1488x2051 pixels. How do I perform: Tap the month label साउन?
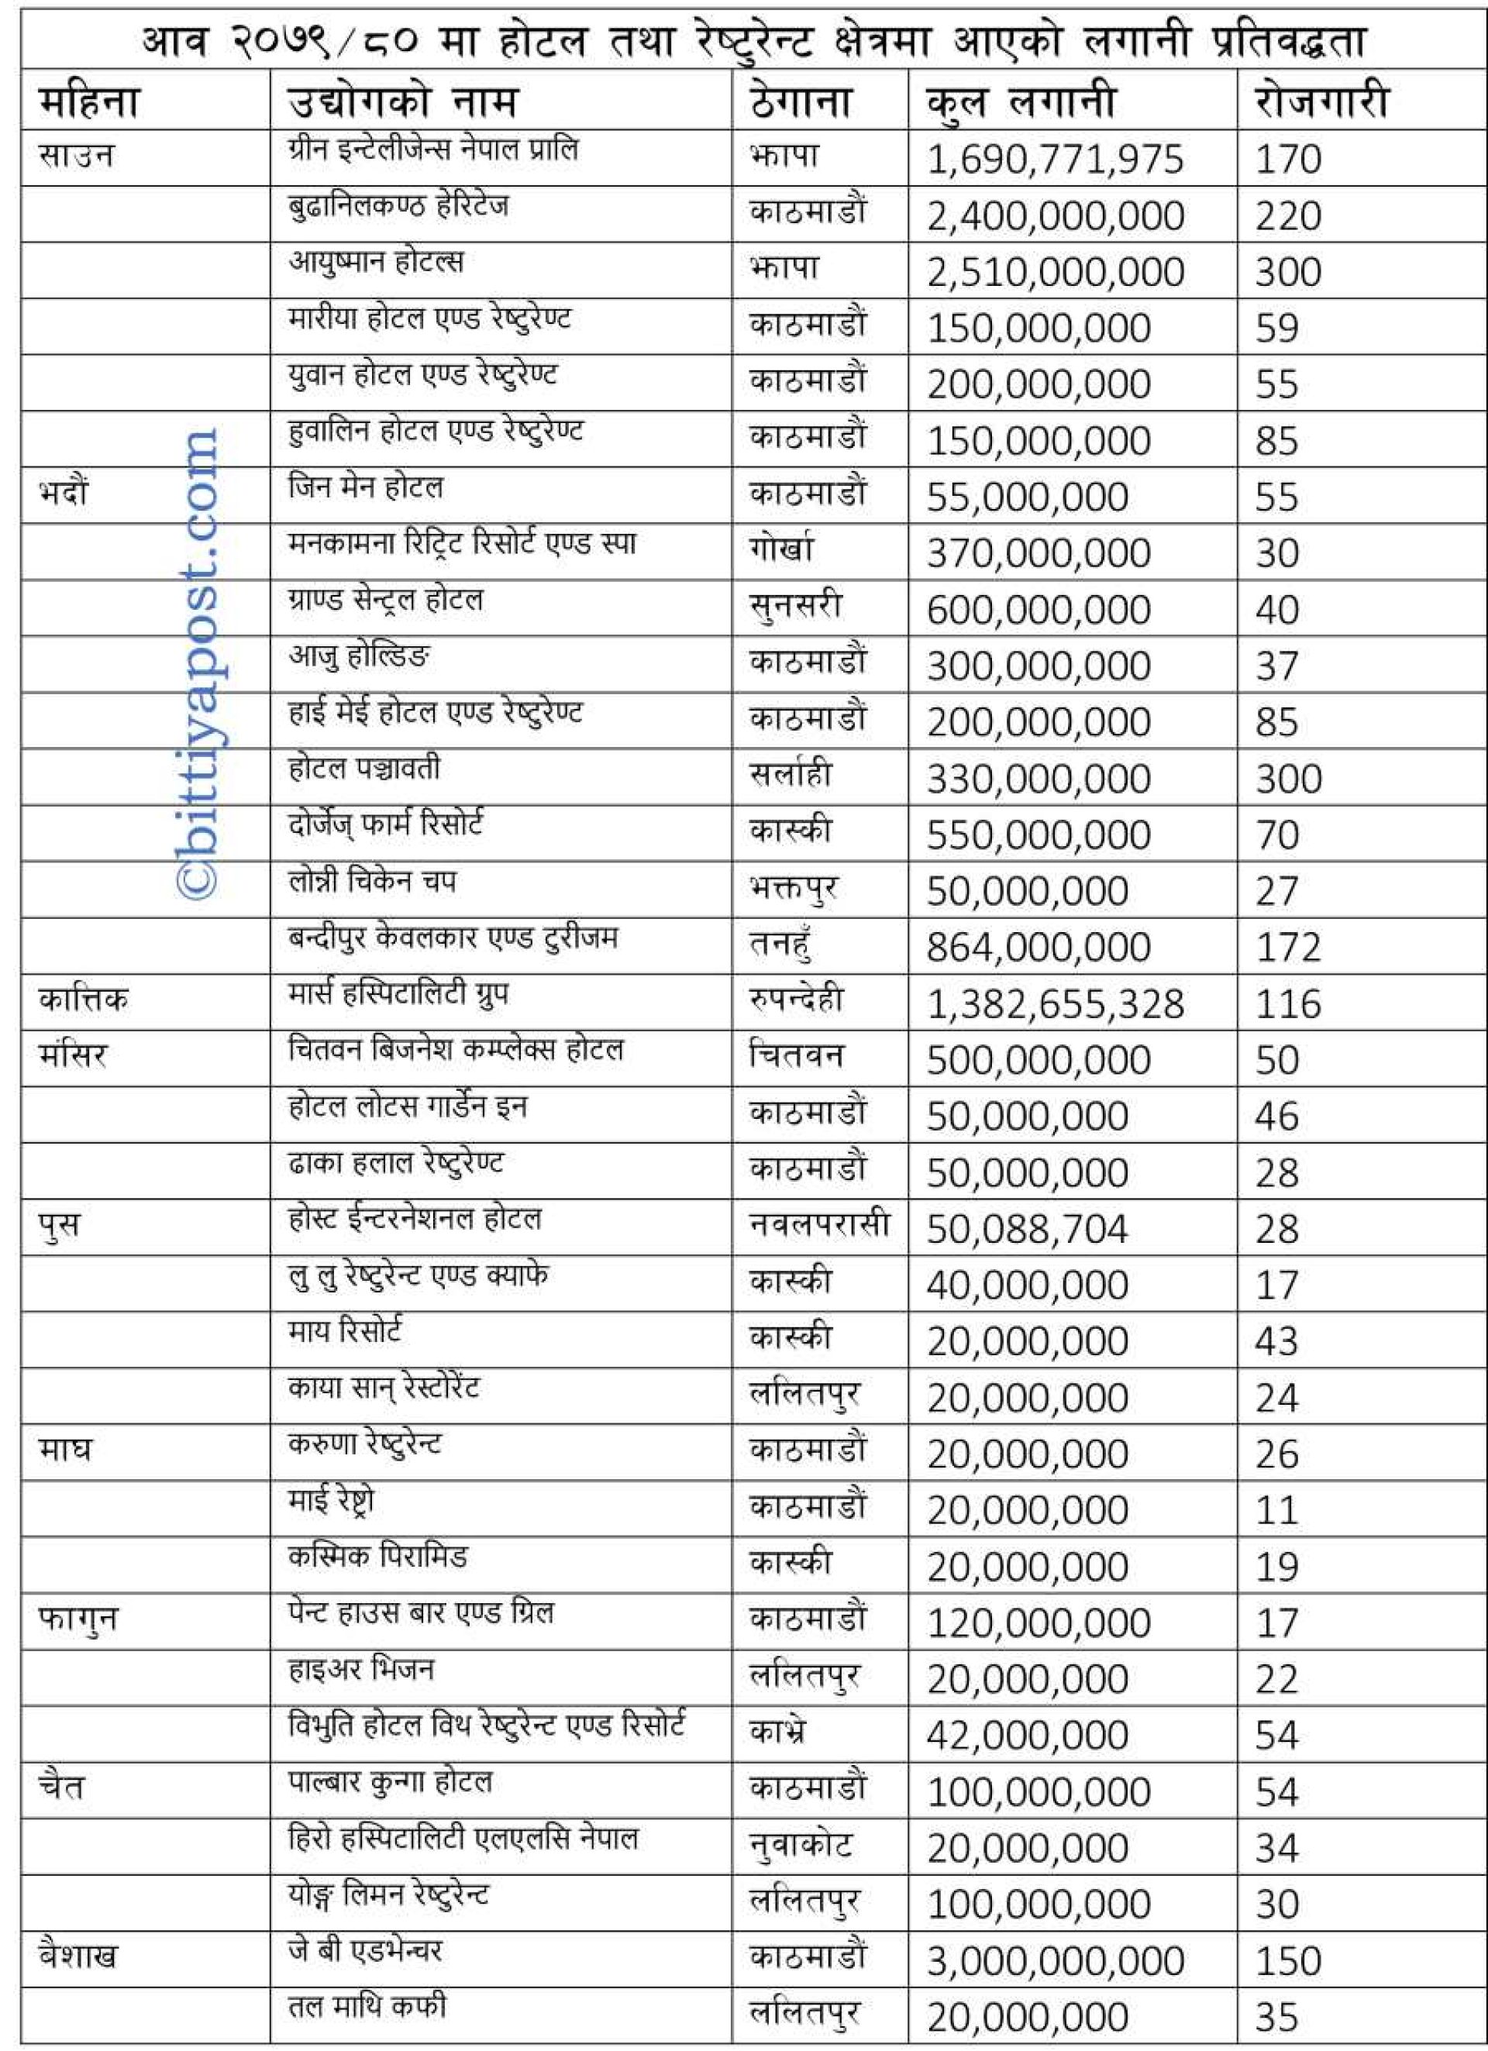[x=77, y=156]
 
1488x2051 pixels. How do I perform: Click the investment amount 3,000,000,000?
[x=1055, y=1960]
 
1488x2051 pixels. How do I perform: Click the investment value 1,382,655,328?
[x=1055, y=1003]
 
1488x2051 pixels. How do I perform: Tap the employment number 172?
[x=1288, y=948]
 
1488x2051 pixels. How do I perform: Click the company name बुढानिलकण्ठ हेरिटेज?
[x=398, y=207]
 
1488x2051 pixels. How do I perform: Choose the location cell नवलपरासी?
[x=819, y=1224]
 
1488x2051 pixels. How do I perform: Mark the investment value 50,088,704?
[x=1027, y=1229]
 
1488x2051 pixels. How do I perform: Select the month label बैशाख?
[x=77, y=1956]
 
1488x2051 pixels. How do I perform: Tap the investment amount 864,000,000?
[x=1038, y=948]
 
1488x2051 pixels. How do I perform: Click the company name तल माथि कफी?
[x=367, y=2007]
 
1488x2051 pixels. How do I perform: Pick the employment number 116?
[x=1288, y=1003]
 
